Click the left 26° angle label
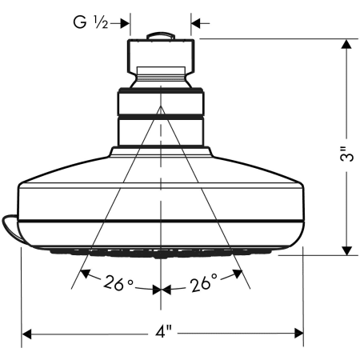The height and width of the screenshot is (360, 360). (118, 282)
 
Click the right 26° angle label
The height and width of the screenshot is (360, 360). (203, 282)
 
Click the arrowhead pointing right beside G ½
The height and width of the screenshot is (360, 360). (125, 22)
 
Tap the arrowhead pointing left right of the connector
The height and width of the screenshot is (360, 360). (195, 22)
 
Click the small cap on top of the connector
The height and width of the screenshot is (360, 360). (161, 37)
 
